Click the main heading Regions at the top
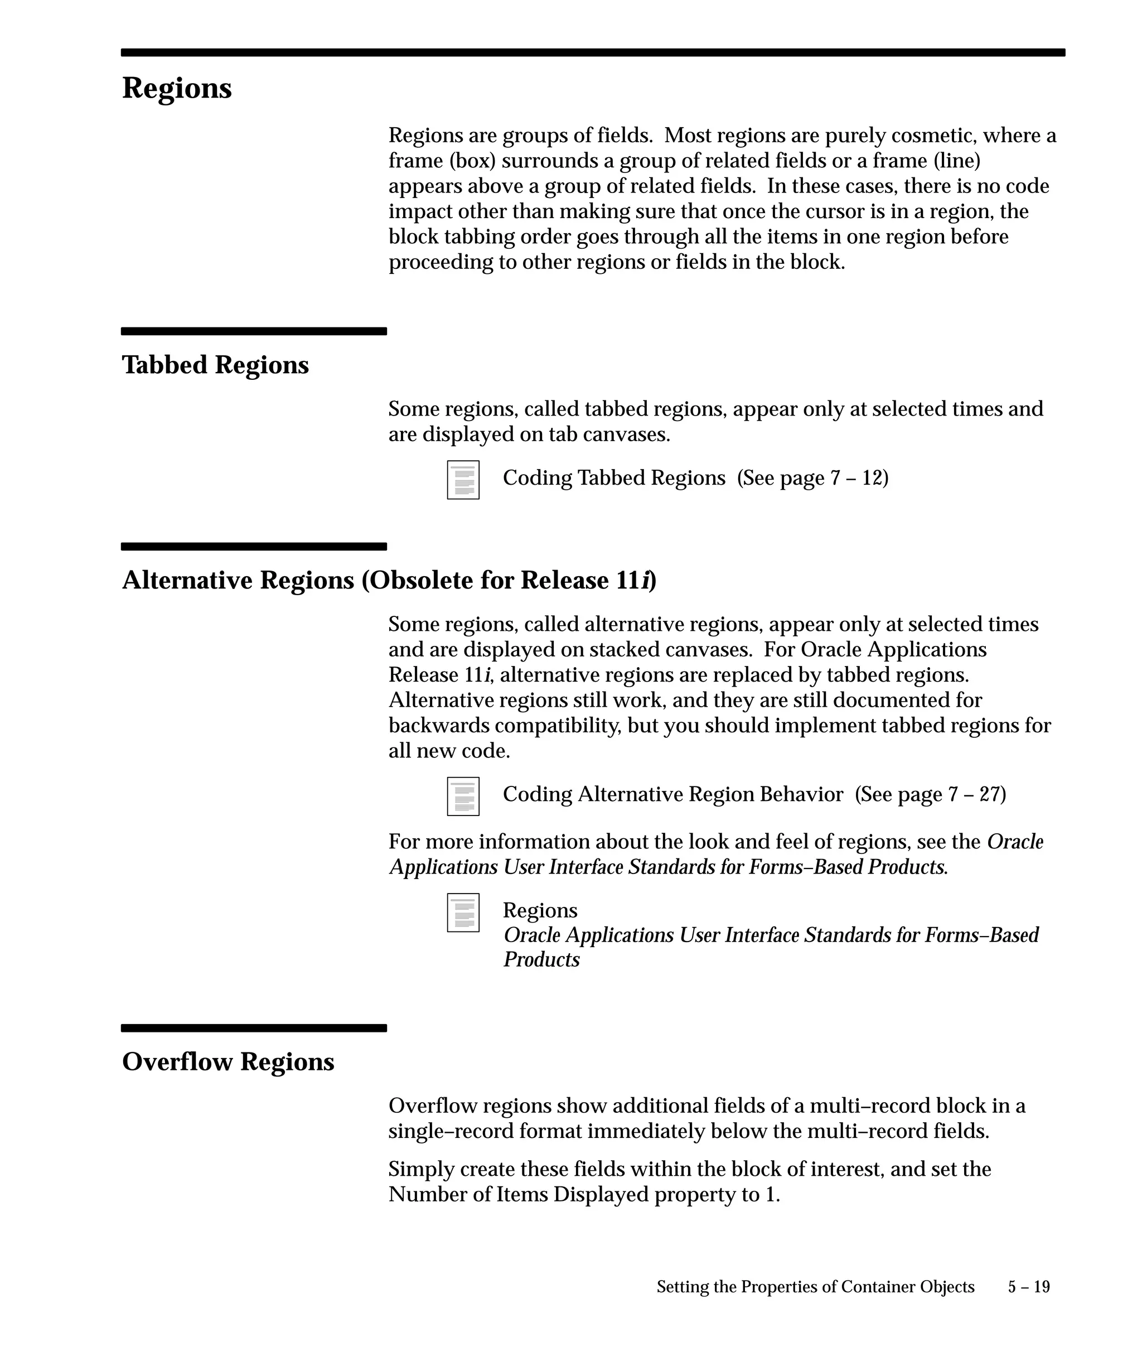tap(177, 88)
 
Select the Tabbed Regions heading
tap(215, 365)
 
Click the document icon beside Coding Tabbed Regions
tap(463, 480)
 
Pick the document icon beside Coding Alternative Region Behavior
tap(463, 796)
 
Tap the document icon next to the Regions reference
tap(463, 913)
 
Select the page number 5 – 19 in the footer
tap(1029, 1287)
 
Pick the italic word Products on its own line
tap(541, 960)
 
